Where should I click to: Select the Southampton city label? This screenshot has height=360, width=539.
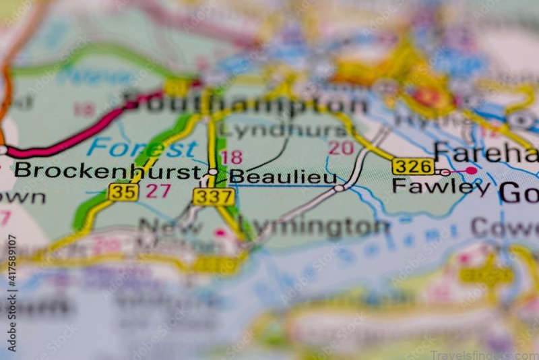click(x=246, y=103)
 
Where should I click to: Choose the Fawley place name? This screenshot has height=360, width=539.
click(x=441, y=186)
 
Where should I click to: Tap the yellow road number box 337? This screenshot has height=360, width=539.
click(x=214, y=197)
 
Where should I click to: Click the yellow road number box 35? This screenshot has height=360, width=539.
click(x=123, y=191)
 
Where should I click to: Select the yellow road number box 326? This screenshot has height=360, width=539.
click(x=413, y=166)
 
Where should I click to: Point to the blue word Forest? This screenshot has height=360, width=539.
click(x=141, y=147)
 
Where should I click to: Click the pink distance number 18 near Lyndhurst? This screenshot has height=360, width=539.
click(x=231, y=157)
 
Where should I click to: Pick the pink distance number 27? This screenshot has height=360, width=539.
click(x=158, y=191)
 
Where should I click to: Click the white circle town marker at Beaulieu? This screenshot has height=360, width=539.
click(x=213, y=173)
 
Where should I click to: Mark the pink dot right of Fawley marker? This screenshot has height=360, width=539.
click(x=471, y=171)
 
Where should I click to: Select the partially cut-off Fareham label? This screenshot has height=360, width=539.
click(x=486, y=152)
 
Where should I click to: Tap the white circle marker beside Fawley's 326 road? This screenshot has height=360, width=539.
click(x=444, y=173)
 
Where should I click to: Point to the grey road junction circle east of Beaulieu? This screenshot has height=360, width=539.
click(x=339, y=188)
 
